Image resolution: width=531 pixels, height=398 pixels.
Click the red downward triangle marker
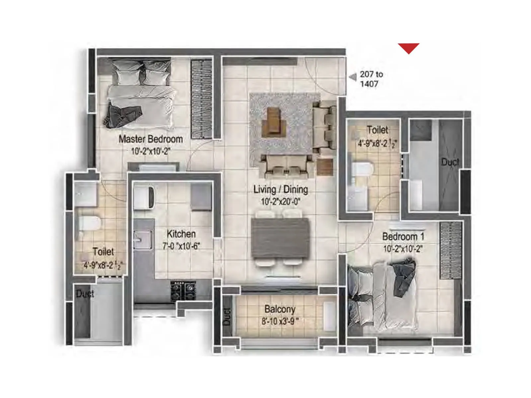(409, 48)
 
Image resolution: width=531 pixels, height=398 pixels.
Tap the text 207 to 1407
(371, 79)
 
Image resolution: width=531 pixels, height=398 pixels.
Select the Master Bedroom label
(151, 139)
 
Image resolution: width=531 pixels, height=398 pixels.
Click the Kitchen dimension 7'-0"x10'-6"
(181, 246)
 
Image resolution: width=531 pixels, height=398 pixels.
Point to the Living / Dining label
(280, 189)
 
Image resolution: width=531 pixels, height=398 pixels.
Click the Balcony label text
(280, 309)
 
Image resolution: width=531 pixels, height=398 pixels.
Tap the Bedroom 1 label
(403, 237)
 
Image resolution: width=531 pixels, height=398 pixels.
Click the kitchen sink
(142, 239)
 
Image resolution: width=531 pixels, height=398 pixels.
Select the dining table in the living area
(280, 238)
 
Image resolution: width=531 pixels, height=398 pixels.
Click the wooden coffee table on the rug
(274, 122)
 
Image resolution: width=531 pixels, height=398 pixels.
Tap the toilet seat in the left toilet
(89, 224)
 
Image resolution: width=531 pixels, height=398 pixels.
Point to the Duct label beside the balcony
(227, 316)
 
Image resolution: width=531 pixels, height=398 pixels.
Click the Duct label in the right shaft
(450, 162)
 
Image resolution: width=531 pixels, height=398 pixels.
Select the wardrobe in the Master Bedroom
(201, 99)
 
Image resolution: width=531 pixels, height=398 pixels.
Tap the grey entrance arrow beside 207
(353, 77)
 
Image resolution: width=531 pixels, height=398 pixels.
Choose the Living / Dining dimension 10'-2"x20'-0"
(280, 202)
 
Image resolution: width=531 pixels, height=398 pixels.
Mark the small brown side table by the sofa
(325, 167)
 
